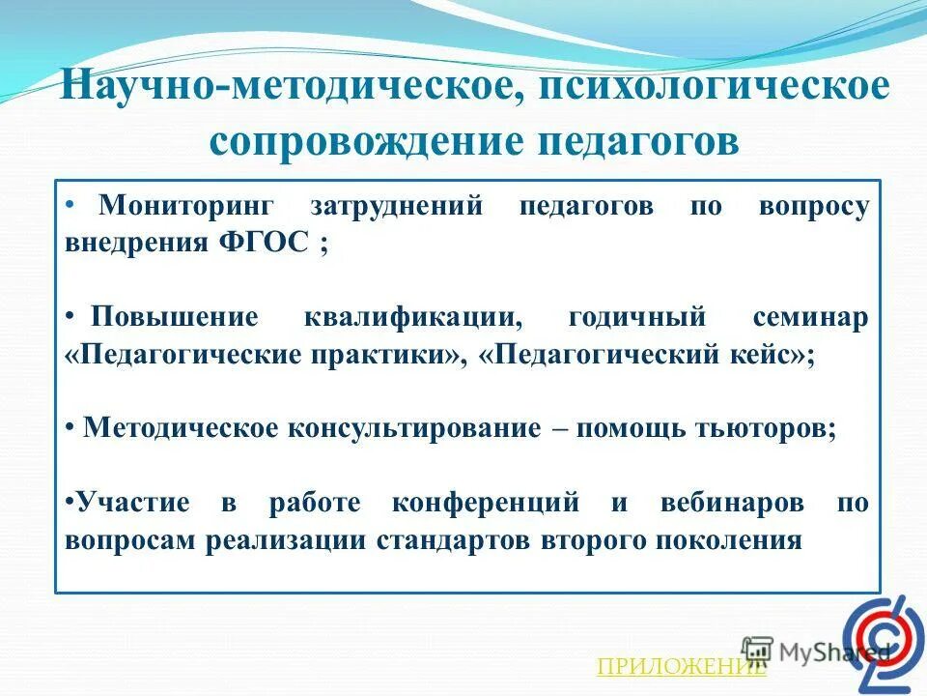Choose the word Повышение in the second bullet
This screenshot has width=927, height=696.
[x=175, y=319]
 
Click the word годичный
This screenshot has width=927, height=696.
[x=637, y=319]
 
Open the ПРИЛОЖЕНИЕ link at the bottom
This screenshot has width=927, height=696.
[x=681, y=666]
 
